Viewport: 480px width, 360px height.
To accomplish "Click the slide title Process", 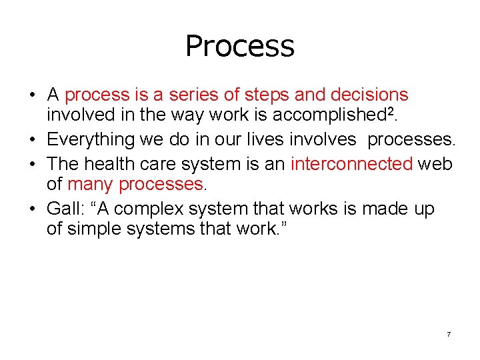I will coord(239,46).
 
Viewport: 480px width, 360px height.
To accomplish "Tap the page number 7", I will coord(449,333).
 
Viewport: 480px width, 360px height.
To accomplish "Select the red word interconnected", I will coord(351,163).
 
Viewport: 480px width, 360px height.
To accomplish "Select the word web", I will coord(435,163).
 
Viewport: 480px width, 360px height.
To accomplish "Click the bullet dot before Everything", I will coord(32,139).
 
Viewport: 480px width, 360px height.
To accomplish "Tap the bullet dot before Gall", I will coord(32,209).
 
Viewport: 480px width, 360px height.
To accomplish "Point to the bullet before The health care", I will coord(32,164).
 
